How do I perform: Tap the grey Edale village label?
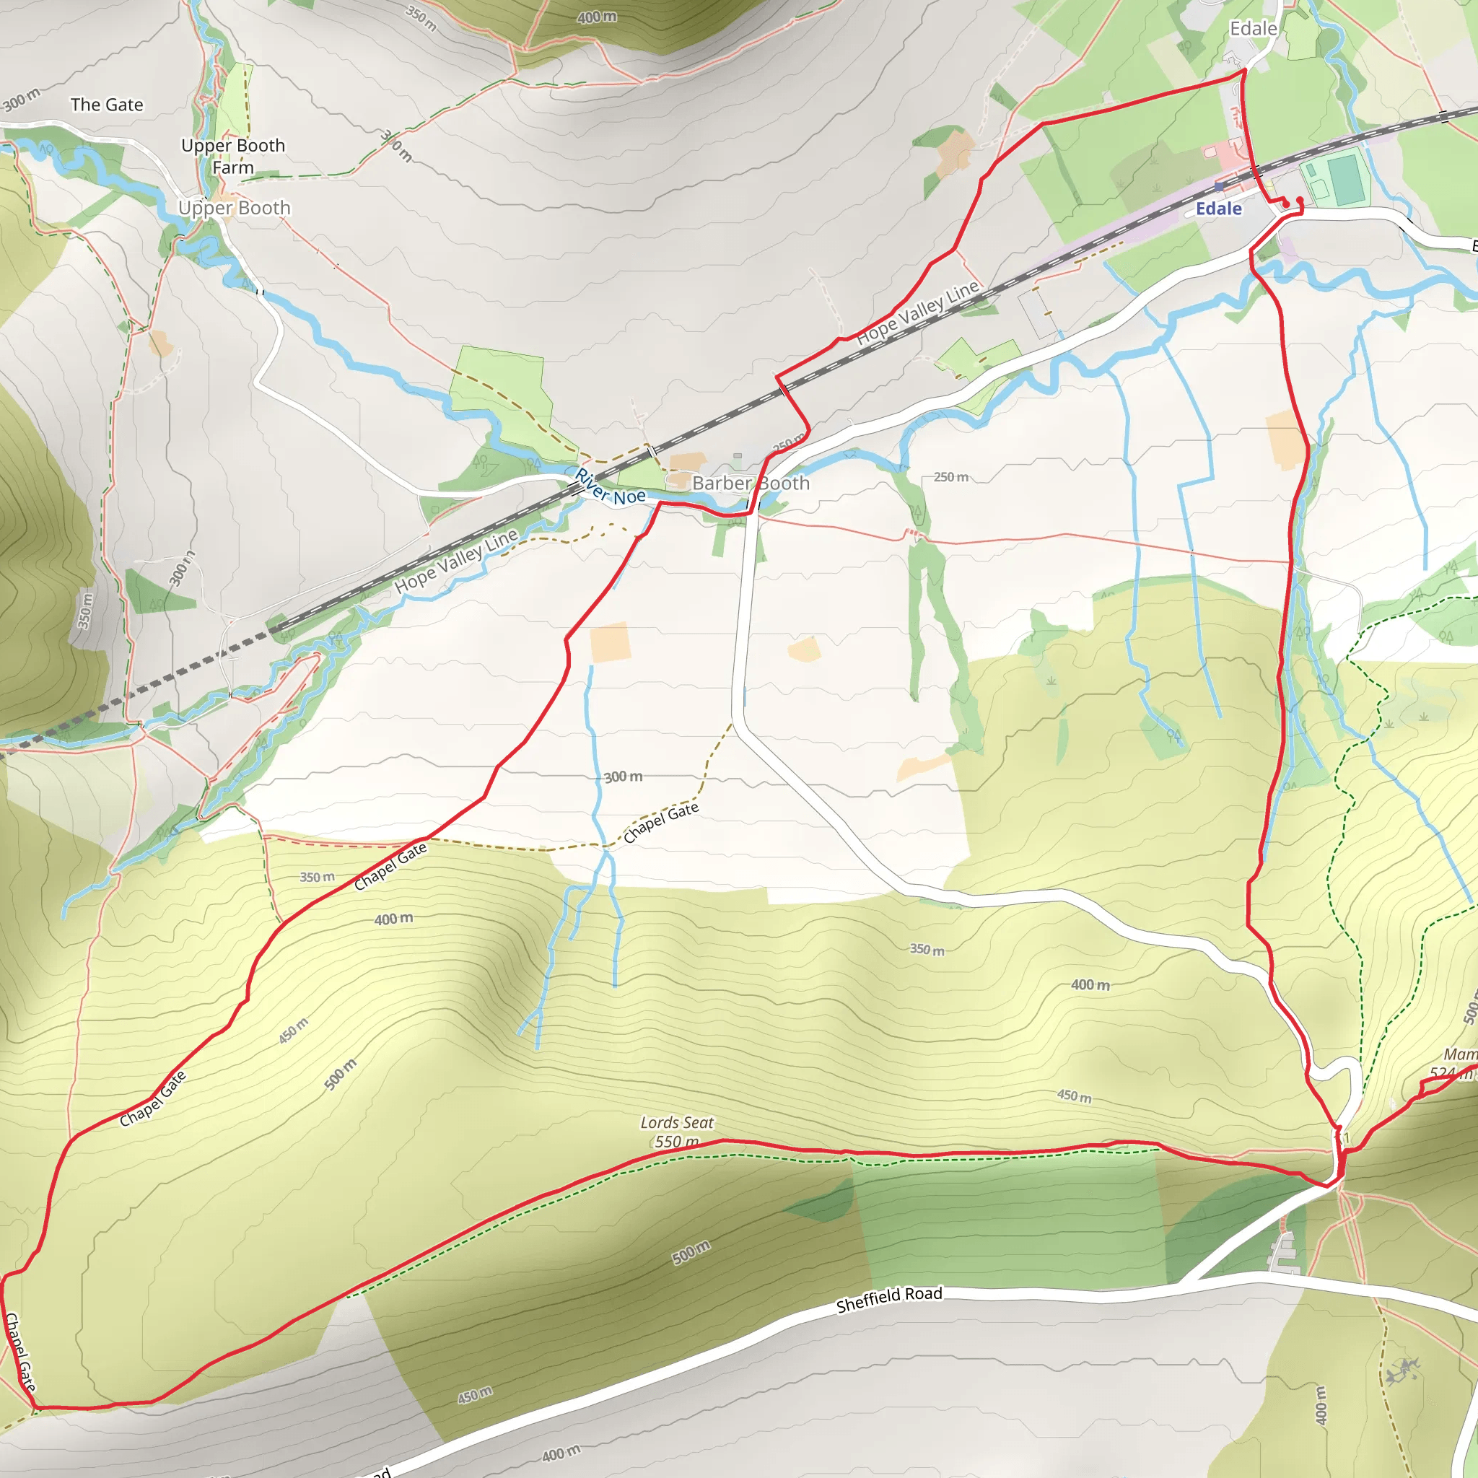click(1253, 29)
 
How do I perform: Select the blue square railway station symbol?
click(1219, 186)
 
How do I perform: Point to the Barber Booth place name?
click(751, 484)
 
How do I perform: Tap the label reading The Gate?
click(106, 105)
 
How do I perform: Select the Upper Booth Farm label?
click(232, 156)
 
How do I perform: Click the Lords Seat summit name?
click(676, 1122)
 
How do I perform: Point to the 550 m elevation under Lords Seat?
click(676, 1142)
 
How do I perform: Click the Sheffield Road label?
click(889, 1299)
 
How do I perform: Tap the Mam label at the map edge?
click(1460, 1055)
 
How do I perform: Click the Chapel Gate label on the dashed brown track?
click(661, 823)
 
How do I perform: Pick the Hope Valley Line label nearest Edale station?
click(917, 312)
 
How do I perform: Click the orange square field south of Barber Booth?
click(611, 642)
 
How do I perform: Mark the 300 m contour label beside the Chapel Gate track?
click(623, 777)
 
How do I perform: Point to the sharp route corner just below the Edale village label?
click(1244, 71)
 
